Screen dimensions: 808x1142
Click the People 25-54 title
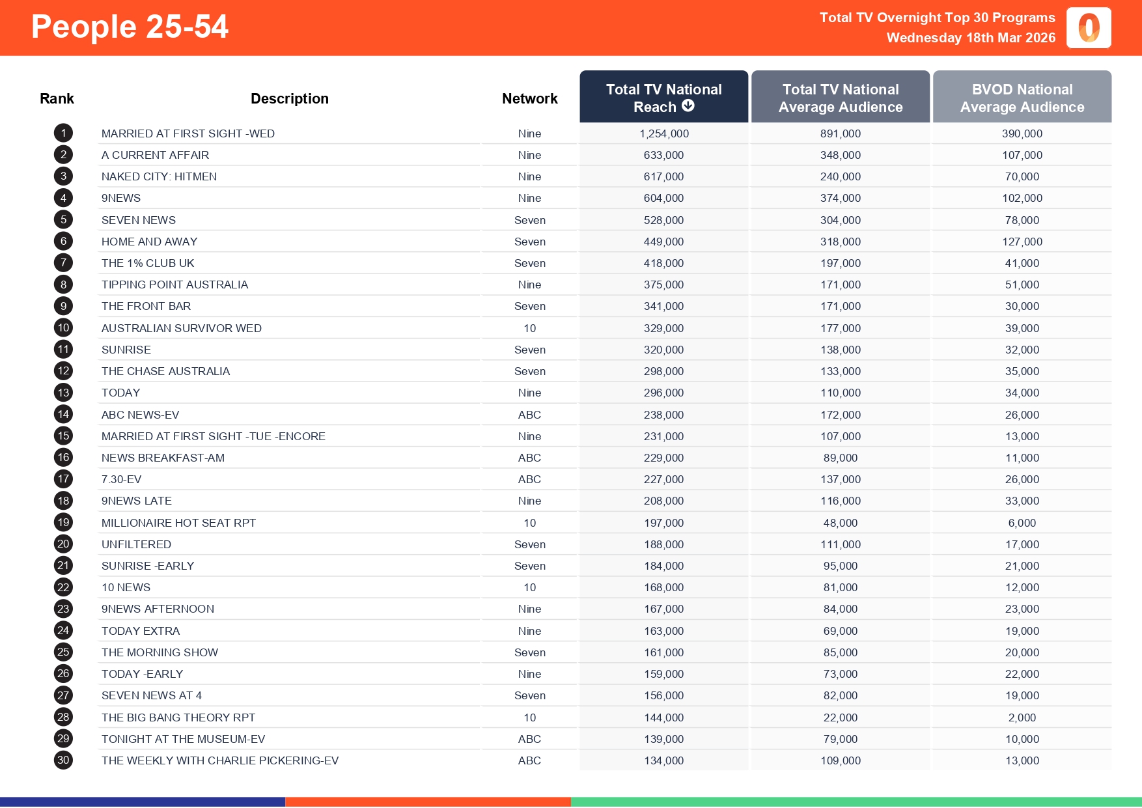pos(130,27)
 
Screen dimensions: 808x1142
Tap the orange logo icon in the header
pos(1089,28)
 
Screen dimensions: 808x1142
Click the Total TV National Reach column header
pos(663,97)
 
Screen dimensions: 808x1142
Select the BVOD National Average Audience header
pos(1022,98)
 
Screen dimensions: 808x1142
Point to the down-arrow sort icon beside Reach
pos(688,105)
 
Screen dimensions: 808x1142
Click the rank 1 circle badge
pos(63,133)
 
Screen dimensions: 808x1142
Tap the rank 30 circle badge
pos(63,760)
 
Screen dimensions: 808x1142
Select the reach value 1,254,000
pos(663,133)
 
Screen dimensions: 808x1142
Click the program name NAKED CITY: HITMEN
pos(159,176)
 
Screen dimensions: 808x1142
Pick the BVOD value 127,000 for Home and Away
pos(1022,242)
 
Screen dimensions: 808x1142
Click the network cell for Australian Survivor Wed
pos(530,328)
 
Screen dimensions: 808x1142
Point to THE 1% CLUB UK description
pos(148,263)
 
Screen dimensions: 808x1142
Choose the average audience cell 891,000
pos(841,133)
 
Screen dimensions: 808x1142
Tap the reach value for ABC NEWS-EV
pos(663,415)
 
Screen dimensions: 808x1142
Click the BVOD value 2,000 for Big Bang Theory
pos(1022,717)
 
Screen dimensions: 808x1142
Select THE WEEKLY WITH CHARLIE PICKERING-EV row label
pos(220,760)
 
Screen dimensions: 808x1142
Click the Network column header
pos(530,98)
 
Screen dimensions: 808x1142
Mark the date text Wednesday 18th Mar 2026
pos(971,38)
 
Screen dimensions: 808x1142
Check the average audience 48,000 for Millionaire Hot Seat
pos(841,523)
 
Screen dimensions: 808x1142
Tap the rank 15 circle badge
pos(63,436)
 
